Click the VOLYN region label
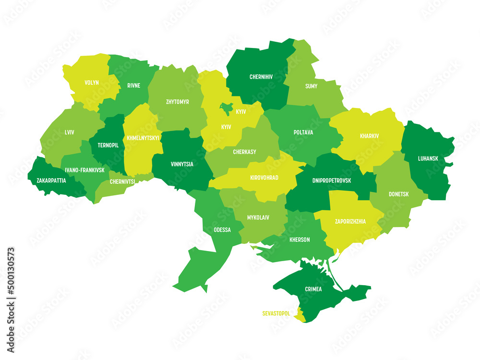[x=92, y=83]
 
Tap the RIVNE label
[x=134, y=85]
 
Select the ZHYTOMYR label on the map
[x=177, y=102]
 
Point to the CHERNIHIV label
[x=262, y=76]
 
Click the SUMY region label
[x=311, y=86]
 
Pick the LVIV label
[x=69, y=132]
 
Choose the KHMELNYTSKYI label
[x=143, y=138]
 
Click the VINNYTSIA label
[x=182, y=164]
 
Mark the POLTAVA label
[x=303, y=132]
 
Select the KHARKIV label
[x=369, y=136]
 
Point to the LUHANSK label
[x=427, y=157]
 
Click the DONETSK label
[x=399, y=194]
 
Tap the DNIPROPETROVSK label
[x=332, y=180]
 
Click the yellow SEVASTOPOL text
[x=276, y=313]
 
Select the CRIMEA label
[x=313, y=289]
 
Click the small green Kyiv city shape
[x=226, y=107]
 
